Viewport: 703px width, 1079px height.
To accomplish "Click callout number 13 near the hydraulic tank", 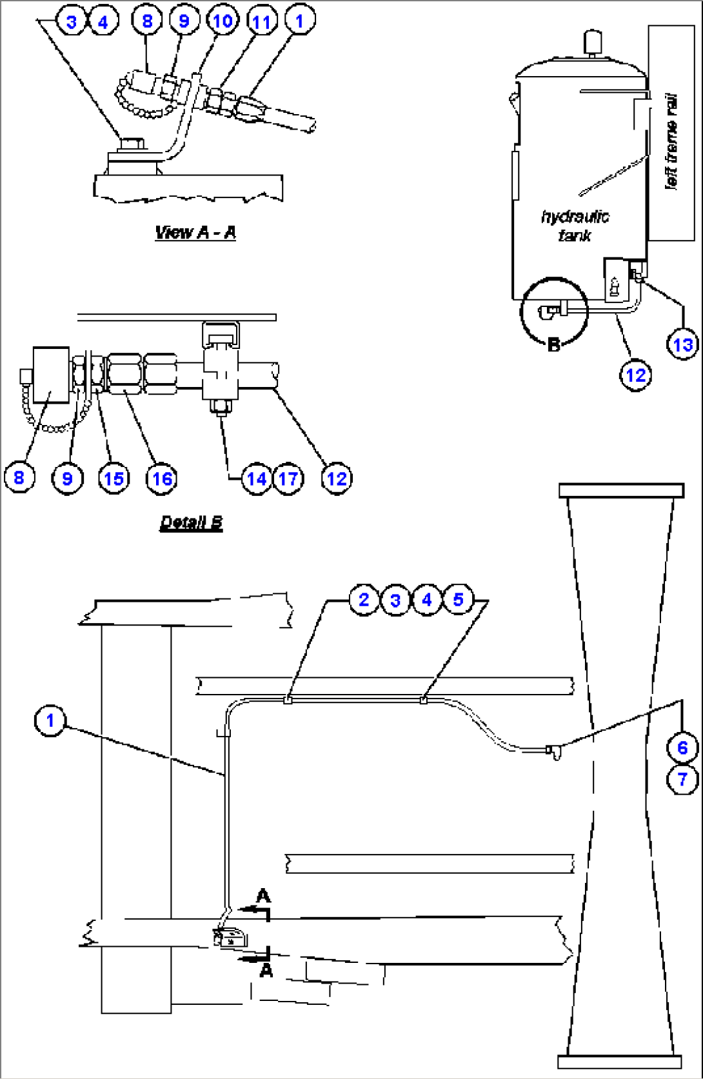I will click(x=682, y=344).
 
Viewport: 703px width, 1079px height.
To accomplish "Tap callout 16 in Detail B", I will click(x=161, y=479).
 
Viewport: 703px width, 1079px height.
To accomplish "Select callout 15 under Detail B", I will click(x=114, y=479).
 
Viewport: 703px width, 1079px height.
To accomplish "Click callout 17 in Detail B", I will click(x=288, y=479).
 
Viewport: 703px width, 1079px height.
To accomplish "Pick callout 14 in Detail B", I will click(x=257, y=479).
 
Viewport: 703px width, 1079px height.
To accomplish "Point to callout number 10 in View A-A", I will click(x=223, y=21).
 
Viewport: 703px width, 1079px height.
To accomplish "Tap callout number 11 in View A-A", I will click(x=261, y=22).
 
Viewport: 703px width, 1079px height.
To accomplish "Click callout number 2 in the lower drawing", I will click(x=364, y=599).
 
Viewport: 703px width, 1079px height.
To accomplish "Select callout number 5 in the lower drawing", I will click(x=458, y=599).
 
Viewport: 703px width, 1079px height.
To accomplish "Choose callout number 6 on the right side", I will click(x=682, y=747).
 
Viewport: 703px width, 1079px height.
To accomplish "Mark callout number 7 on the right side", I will click(x=682, y=779).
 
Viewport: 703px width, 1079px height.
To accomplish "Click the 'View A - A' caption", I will click(x=195, y=232).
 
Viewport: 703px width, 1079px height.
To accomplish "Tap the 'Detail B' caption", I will click(x=191, y=522).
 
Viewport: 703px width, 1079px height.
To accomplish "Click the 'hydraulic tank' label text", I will click(x=575, y=226).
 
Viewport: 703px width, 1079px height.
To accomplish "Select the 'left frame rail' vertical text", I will click(x=672, y=142).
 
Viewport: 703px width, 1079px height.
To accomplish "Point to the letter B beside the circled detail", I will click(x=553, y=345).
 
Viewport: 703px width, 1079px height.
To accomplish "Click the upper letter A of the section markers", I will click(x=263, y=896).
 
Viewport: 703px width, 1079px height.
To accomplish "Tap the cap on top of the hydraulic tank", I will click(x=591, y=43).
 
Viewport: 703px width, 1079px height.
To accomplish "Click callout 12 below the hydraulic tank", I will click(x=636, y=375).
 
